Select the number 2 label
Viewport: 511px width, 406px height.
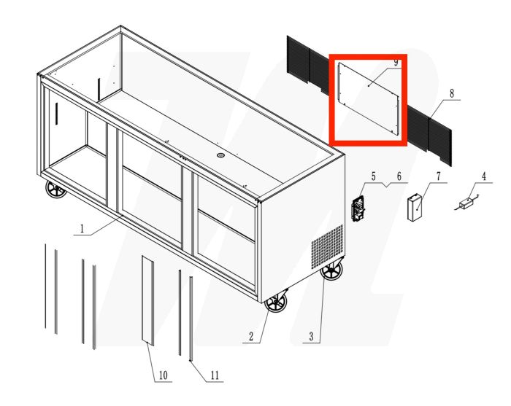click(x=250, y=336)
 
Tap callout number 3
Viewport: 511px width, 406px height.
click(x=312, y=336)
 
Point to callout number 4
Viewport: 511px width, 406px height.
click(x=483, y=176)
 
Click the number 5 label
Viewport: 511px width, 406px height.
click(x=373, y=176)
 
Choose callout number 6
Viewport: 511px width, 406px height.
click(x=399, y=176)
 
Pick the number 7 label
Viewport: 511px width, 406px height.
click(x=438, y=176)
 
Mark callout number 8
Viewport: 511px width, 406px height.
click(x=452, y=94)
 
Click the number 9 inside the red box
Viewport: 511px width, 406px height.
click(x=395, y=63)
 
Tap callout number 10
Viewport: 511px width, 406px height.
click(x=163, y=375)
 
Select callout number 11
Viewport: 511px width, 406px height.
click(x=214, y=375)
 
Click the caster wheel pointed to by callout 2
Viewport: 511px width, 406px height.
click(x=277, y=302)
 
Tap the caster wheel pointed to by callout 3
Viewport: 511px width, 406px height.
click(x=332, y=273)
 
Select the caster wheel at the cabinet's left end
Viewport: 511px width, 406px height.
click(x=55, y=191)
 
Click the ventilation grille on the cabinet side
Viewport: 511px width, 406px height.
click(x=327, y=244)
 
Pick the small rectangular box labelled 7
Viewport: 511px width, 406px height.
click(x=416, y=206)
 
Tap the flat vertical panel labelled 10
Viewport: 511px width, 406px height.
click(x=147, y=299)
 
